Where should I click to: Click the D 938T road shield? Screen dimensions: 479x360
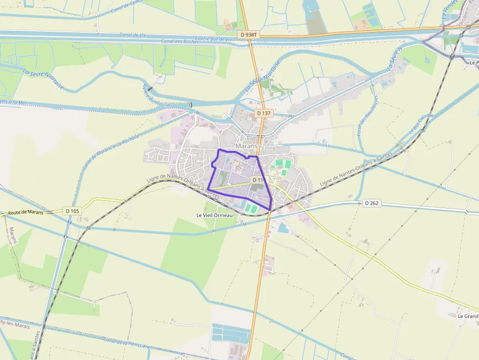pos(249,35)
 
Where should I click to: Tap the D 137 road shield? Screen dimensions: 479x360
pos(263,113)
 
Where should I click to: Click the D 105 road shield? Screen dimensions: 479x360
pos(72,211)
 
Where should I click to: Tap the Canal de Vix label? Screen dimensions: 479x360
pos(132,35)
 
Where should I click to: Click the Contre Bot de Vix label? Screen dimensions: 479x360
pos(213,39)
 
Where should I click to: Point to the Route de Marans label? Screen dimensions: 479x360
pos(25,212)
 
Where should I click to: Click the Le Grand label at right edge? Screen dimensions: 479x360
pos(468,316)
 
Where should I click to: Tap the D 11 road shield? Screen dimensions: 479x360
pos(258,180)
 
